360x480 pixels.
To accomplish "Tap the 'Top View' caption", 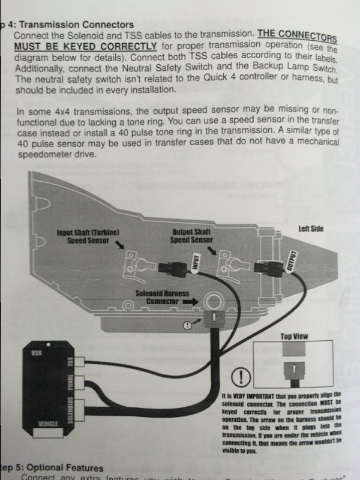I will (294, 337).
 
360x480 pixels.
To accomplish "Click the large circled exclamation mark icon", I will (239, 378).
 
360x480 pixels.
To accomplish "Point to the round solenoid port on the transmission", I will (212, 301).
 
